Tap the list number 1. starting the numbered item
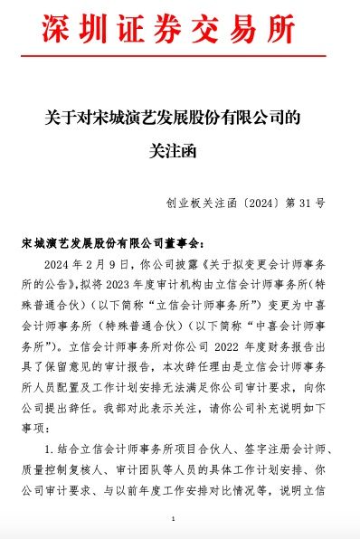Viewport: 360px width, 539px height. point(48,449)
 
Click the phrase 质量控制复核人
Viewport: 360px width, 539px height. point(52,468)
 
